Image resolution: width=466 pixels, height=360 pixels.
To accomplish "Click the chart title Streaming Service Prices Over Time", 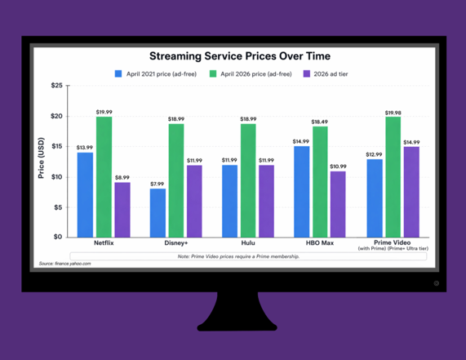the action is click(240, 56).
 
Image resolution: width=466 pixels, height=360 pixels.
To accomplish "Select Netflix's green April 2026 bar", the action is click(104, 177).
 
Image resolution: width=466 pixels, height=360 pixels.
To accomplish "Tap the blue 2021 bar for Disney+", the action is click(158, 213).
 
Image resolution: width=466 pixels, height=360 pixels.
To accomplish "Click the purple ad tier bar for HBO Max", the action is click(338, 204).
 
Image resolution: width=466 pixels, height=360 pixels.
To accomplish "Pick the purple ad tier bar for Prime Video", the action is click(411, 192).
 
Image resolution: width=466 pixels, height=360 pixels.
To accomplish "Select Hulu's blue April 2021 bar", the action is click(229, 201).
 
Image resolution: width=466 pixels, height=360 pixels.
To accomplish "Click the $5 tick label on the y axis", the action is click(58, 207).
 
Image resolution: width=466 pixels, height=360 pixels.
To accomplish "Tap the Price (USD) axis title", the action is click(41, 158).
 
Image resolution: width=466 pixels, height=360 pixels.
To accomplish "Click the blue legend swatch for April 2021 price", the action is click(118, 73).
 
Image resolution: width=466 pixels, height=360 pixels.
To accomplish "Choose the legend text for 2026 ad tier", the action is click(331, 74).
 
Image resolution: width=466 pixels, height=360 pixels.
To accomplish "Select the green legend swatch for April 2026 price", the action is click(213, 73).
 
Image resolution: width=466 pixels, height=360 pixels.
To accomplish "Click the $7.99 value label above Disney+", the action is click(158, 184).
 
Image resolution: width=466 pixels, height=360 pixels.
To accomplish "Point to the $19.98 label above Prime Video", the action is click(393, 113).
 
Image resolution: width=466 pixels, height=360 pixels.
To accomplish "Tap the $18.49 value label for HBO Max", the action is click(319, 122).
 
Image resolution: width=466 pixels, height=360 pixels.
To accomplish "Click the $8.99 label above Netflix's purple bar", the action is click(122, 177).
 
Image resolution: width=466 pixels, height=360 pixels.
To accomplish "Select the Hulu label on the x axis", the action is click(248, 243).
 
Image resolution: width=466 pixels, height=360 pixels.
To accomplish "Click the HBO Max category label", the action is click(320, 243).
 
